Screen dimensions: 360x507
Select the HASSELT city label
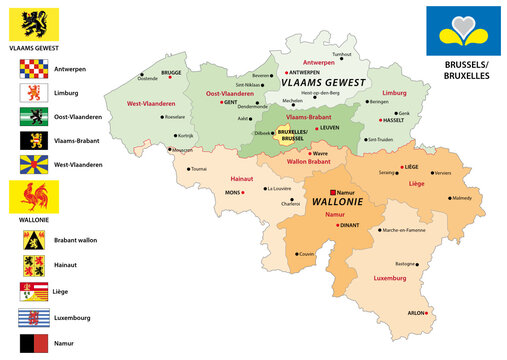(394, 120)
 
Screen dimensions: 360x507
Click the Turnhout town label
(342, 54)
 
